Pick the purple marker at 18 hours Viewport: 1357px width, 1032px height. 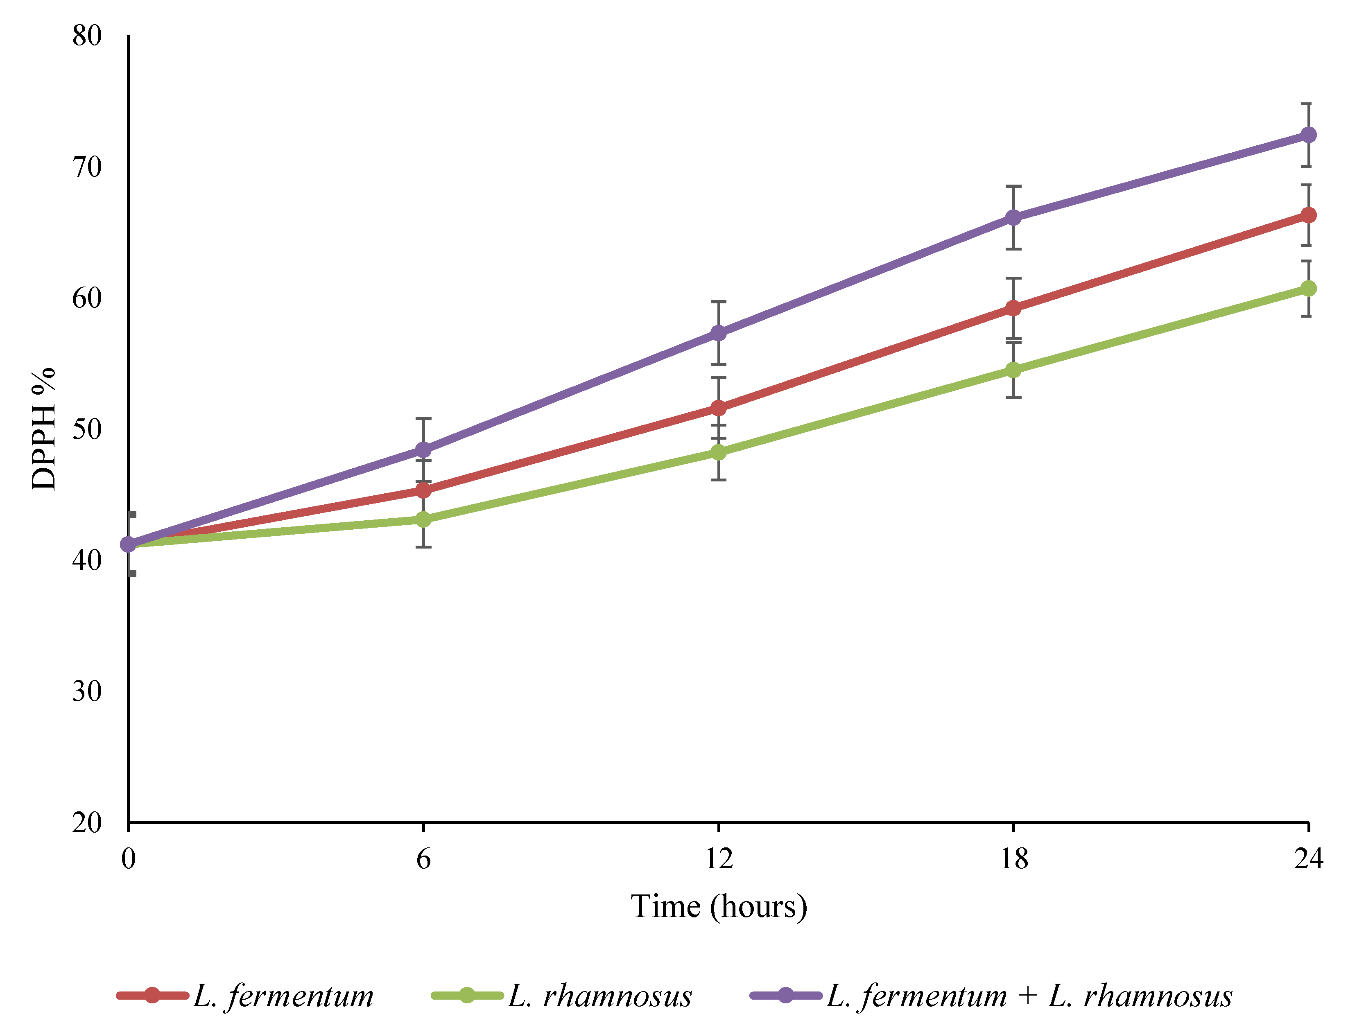pyautogui.click(x=1013, y=217)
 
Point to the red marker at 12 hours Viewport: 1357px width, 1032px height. pyautogui.click(x=718, y=408)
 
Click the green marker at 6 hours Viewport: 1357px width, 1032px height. pyautogui.click(x=423, y=519)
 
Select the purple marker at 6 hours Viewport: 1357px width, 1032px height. pyautogui.click(x=423, y=449)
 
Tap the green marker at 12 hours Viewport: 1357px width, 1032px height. pyautogui.click(x=718, y=452)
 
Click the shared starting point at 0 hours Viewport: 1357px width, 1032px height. pyautogui.click(x=129, y=544)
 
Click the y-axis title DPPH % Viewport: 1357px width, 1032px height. pyautogui.click(x=43, y=429)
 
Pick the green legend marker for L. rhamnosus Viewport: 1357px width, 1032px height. pyautogui.click(x=467, y=995)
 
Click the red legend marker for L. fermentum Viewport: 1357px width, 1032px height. pyautogui.click(x=152, y=995)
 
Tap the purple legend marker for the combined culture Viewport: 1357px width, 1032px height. pyautogui.click(x=785, y=995)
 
